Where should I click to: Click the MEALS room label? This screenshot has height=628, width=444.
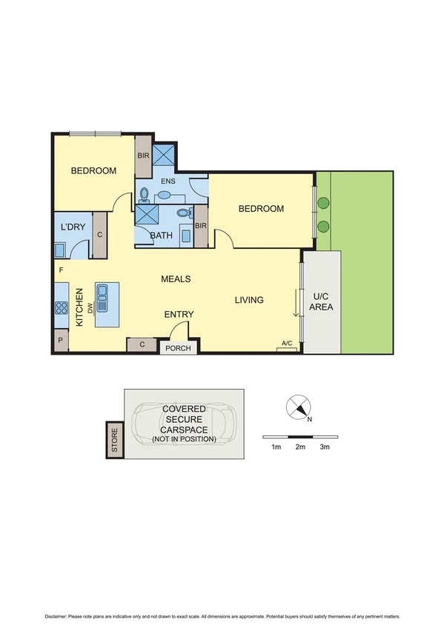pyautogui.click(x=176, y=279)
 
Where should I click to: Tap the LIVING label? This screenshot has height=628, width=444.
pyautogui.click(x=249, y=300)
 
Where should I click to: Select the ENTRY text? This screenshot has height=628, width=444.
pyautogui.click(x=179, y=315)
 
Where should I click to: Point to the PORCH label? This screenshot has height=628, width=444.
pyautogui.click(x=178, y=348)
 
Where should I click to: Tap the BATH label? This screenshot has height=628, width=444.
pyautogui.click(x=161, y=236)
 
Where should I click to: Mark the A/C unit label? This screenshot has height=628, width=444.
pyautogui.click(x=287, y=344)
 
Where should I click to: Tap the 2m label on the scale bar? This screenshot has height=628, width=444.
pyautogui.click(x=300, y=447)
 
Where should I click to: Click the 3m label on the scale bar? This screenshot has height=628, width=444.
pyautogui.click(x=324, y=447)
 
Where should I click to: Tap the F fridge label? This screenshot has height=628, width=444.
pyautogui.click(x=60, y=271)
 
